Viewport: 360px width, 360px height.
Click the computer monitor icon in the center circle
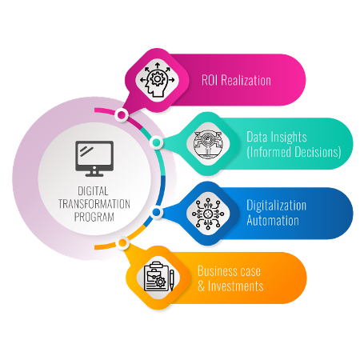coord(94,158)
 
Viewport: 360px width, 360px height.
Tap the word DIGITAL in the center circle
coord(93,191)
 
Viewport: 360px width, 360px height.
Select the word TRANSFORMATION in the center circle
coord(94,204)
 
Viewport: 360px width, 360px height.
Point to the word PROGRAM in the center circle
coord(94,217)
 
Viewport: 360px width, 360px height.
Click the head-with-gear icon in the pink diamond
coord(158,80)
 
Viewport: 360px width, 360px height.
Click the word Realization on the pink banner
coord(246,80)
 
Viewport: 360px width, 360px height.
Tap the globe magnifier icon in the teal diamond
coord(208,144)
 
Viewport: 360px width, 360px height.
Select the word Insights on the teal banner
coord(288,138)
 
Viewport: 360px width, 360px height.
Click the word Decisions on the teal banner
coord(318,152)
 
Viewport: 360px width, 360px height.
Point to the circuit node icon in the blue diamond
coord(208,214)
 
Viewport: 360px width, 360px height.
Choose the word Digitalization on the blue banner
coord(276,206)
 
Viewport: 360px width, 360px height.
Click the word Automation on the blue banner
coord(273,221)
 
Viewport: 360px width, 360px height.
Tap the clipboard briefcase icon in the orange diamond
coord(158,277)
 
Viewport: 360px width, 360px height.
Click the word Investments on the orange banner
coord(236,286)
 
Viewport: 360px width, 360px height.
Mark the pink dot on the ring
coord(122,115)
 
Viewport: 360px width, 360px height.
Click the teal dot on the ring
coord(156,142)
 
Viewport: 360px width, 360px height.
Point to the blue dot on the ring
coord(156,212)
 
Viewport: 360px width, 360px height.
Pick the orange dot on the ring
coord(122,243)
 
